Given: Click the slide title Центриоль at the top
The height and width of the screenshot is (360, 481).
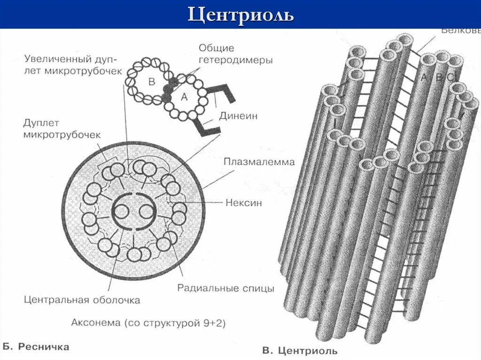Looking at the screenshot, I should (x=240, y=15).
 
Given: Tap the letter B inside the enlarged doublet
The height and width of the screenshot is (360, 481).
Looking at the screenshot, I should (x=152, y=82).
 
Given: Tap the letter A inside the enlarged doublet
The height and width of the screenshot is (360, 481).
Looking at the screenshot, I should (x=184, y=97).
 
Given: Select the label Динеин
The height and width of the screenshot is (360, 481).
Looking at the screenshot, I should (x=238, y=116).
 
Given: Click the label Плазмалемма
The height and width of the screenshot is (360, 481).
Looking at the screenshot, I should (x=259, y=162).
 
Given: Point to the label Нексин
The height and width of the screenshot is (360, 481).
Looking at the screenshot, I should (x=243, y=203).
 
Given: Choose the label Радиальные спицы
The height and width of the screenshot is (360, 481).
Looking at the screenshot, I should (x=225, y=288).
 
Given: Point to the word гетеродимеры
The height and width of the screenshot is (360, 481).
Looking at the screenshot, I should (x=235, y=60).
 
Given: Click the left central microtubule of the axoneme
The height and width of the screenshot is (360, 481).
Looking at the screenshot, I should (x=122, y=212).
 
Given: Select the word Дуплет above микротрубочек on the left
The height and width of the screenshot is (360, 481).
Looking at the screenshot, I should (x=41, y=123).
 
